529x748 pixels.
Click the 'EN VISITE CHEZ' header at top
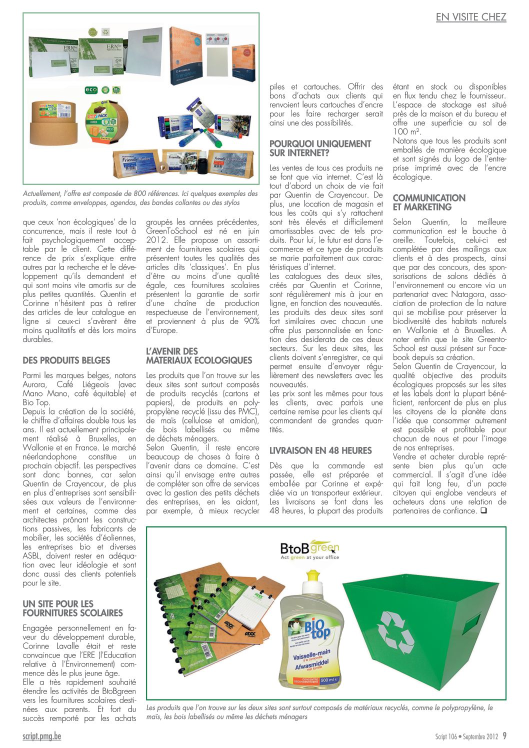click(471, 17)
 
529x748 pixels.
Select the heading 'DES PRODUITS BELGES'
click(66, 360)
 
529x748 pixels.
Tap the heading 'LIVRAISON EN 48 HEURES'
click(320, 450)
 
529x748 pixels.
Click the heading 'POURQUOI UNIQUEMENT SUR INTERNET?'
click(320, 148)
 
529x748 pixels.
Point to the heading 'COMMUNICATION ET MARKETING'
click(428, 202)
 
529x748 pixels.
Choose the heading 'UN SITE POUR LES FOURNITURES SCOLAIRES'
click(72, 608)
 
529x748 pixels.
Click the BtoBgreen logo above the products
click(309, 549)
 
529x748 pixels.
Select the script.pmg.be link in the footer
click(42, 736)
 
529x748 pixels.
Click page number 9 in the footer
click(504, 736)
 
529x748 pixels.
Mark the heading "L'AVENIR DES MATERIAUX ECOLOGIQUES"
click(198, 355)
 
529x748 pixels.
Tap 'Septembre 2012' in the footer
click(480, 736)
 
